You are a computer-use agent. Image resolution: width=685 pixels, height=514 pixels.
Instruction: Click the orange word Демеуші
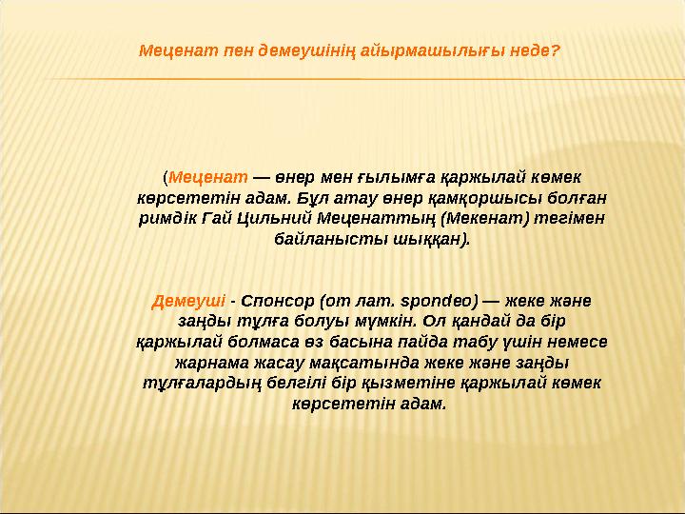[188, 301]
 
